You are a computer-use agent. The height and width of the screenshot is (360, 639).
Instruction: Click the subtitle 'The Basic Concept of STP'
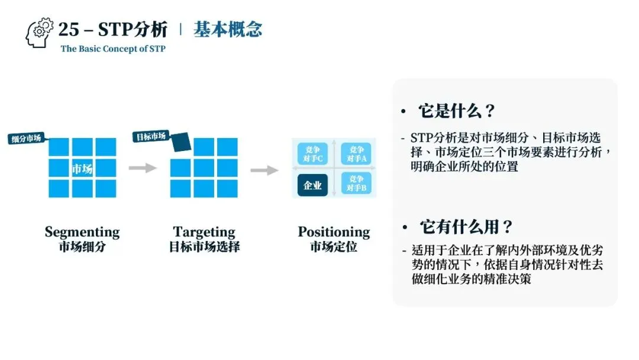(113, 49)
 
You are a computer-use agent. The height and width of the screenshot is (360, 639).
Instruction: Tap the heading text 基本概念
(228, 30)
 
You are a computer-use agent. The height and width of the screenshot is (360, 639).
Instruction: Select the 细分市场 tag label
(27, 139)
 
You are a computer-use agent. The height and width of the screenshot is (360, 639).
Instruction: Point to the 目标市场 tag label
(151, 137)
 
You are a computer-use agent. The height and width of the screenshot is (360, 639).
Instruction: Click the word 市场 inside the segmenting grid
(82, 169)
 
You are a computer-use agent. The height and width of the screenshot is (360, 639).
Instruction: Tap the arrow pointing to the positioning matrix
(264, 171)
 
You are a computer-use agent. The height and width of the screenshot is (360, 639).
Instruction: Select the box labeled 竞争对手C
(312, 154)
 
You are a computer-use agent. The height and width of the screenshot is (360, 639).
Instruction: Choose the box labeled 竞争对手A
(356, 154)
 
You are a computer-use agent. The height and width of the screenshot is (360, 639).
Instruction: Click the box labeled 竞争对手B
(356, 184)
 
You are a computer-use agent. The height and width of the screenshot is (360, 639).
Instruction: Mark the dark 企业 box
(312, 185)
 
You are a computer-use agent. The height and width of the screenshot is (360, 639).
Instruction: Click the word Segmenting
(82, 232)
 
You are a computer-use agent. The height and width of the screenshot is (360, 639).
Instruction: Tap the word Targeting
(204, 232)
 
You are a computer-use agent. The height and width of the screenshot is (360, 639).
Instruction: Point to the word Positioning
(334, 232)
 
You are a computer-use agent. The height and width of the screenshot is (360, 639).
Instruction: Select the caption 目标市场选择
(204, 247)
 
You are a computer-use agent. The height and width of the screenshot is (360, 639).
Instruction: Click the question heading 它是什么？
(456, 111)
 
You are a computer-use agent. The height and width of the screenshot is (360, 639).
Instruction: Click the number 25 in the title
(69, 29)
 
